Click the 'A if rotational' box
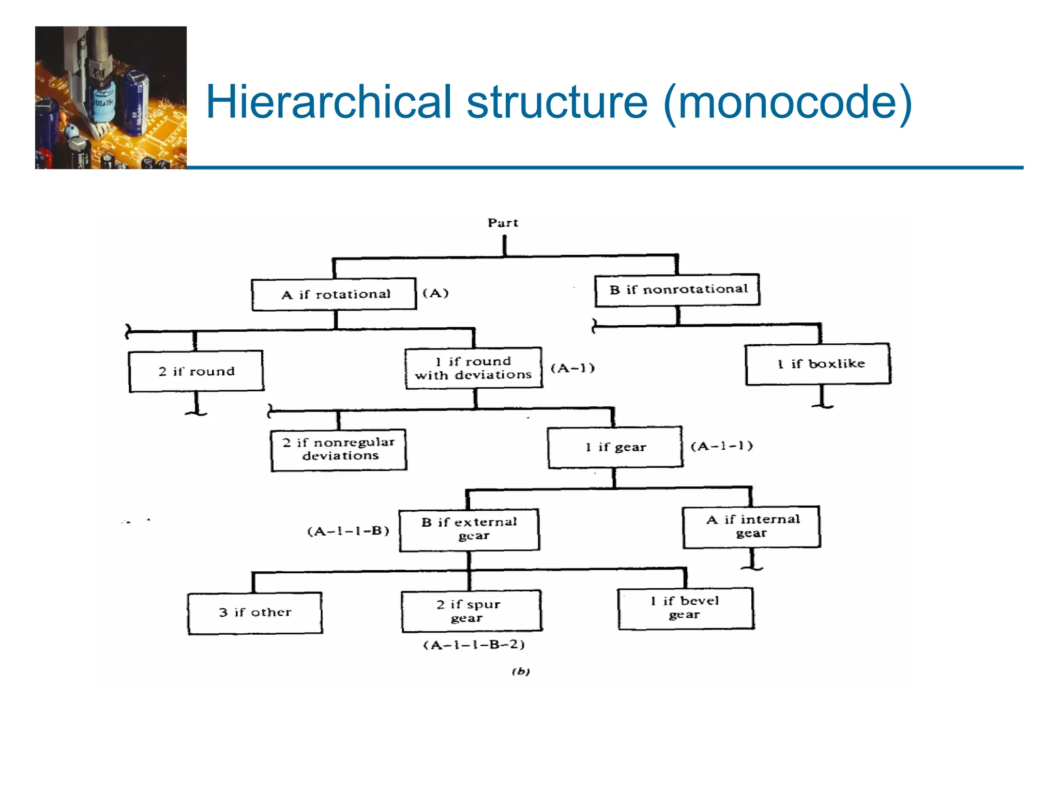(334, 294)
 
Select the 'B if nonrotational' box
(677, 290)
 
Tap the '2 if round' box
(196, 371)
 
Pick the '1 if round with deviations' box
(474, 368)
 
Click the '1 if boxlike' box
(818, 364)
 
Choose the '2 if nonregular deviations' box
(339, 450)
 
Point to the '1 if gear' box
(615, 447)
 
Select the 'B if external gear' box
(469, 529)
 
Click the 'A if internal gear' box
(751, 527)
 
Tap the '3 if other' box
(255, 613)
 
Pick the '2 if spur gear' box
(472, 611)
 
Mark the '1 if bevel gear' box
(686, 608)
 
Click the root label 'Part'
(503, 223)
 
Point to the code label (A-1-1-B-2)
(474, 645)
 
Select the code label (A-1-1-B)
(348, 531)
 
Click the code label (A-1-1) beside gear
(722, 446)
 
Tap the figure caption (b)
(521, 671)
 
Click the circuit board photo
(111, 98)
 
